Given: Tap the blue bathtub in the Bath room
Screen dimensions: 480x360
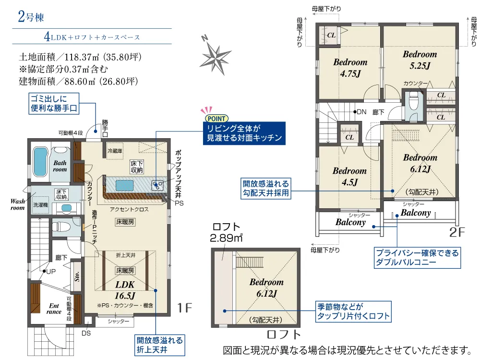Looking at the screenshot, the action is click(40, 162).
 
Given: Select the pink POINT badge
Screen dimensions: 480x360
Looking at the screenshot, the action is click(216, 119).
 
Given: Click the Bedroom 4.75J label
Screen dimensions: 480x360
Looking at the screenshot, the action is click(350, 68).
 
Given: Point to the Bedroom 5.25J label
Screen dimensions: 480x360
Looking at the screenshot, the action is click(420, 60).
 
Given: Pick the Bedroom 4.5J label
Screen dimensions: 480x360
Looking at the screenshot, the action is click(349, 176).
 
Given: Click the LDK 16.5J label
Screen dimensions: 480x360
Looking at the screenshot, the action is click(125, 290).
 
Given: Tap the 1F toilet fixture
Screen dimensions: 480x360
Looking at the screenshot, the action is click(61, 227).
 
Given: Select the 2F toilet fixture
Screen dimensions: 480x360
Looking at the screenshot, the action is click(414, 100).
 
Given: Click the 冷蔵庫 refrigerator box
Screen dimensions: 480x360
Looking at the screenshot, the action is click(115, 151).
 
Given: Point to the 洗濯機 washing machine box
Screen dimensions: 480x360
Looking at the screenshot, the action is click(40, 205).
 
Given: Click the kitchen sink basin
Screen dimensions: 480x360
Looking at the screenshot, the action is click(124, 185).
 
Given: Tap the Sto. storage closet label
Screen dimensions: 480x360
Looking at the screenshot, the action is click(77, 276).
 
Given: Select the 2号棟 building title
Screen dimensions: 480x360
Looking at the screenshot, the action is click(31, 16).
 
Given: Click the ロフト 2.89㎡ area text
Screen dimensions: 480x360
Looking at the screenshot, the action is click(226, 232).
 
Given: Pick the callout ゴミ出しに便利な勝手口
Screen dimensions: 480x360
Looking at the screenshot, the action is click(54, 104).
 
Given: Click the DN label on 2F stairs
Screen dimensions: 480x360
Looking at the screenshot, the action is click(361, 112).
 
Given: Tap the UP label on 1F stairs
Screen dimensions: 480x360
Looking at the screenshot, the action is click(51, 271).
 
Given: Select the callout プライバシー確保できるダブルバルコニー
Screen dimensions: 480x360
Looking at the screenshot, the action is click(417, 258).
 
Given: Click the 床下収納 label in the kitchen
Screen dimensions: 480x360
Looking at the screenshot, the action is click(136, 167).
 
